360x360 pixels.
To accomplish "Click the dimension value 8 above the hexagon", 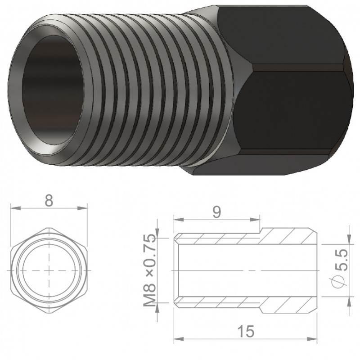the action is [x=49, y=200].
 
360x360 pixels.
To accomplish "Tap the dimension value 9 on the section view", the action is [x=216, y=212].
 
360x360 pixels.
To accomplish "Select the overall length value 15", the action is [x=246, y=331].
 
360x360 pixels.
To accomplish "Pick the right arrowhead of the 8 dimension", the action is [x=82, y=208].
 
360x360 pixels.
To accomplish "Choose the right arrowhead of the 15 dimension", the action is [x=312, y=339].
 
